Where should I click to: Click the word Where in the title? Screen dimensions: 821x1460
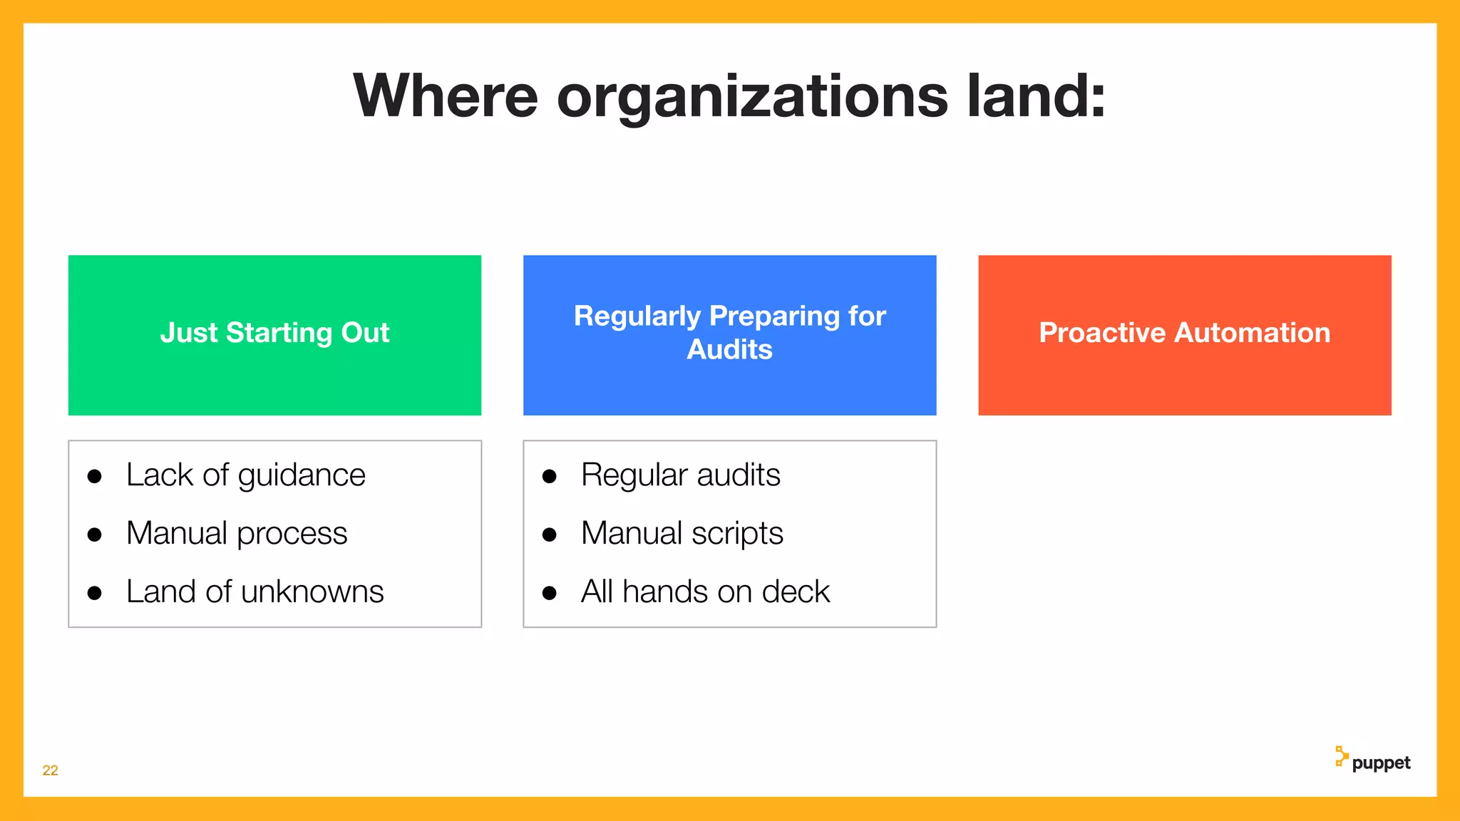point(446,96)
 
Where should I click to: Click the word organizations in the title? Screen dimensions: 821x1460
point(752,98)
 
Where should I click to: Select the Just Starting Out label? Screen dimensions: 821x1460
point(274,333)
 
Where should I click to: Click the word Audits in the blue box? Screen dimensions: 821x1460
point(729,350)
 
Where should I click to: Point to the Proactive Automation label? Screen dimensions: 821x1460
point(1184,333)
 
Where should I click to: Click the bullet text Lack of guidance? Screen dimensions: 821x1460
point(245,475)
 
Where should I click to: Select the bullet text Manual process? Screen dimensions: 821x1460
point(237,534)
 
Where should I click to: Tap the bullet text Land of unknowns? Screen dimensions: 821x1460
point(255,592)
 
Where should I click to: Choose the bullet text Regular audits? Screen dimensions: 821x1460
point(680,475)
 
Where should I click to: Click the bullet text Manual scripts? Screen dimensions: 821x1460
point(682,534)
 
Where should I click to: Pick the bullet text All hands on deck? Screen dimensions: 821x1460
point(705,592)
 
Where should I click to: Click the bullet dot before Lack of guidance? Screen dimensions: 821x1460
point(94,477)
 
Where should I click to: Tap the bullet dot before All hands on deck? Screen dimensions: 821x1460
point(549,594)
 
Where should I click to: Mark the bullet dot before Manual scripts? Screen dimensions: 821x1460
point(549,535)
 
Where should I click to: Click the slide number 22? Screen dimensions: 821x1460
point(50,770)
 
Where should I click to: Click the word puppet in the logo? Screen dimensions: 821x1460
point(1381,763)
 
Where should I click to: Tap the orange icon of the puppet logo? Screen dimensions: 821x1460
point(1342,756)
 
